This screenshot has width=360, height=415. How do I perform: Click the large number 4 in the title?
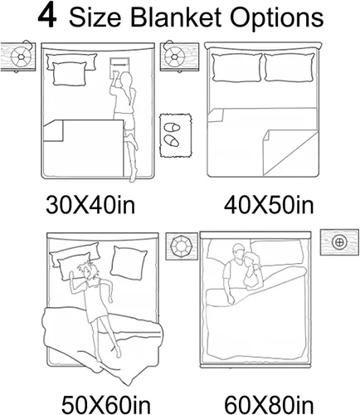[47, 17]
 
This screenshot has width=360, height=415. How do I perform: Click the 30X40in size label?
[90, 205]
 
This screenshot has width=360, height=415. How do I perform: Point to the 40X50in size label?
[269, 206]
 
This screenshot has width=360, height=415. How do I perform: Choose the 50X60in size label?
[106, 405]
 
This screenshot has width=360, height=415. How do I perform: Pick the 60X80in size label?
[269, 405]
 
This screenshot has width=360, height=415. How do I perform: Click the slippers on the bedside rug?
[172, 134]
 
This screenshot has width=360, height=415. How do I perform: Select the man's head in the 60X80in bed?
[238, 251]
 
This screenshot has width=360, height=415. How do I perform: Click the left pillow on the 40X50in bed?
[236, 67]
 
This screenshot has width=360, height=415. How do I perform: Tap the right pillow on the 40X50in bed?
[289, 67]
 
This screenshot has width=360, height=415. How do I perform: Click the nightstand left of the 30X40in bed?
[18, 56]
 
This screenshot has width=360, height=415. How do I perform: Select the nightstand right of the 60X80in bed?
[339, 242]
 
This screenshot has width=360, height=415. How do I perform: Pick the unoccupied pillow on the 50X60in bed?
[129, 261]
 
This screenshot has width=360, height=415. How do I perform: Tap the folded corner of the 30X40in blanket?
[54, 130]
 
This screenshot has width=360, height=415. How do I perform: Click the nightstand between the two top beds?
[180, 56]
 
